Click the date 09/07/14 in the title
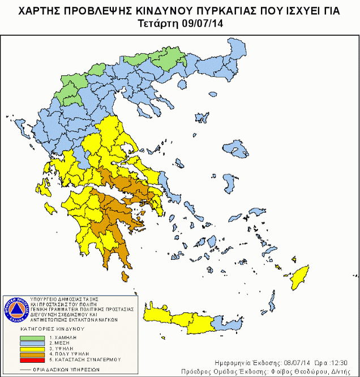pyautogui.click(x=201, y=23)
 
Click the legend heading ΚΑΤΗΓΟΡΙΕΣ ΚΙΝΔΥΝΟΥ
pyautogui.click(x=52, y=328)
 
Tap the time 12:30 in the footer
pyautogui.click(x=346, y=362)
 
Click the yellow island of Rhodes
pyautogui.click(x=298, y=277)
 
